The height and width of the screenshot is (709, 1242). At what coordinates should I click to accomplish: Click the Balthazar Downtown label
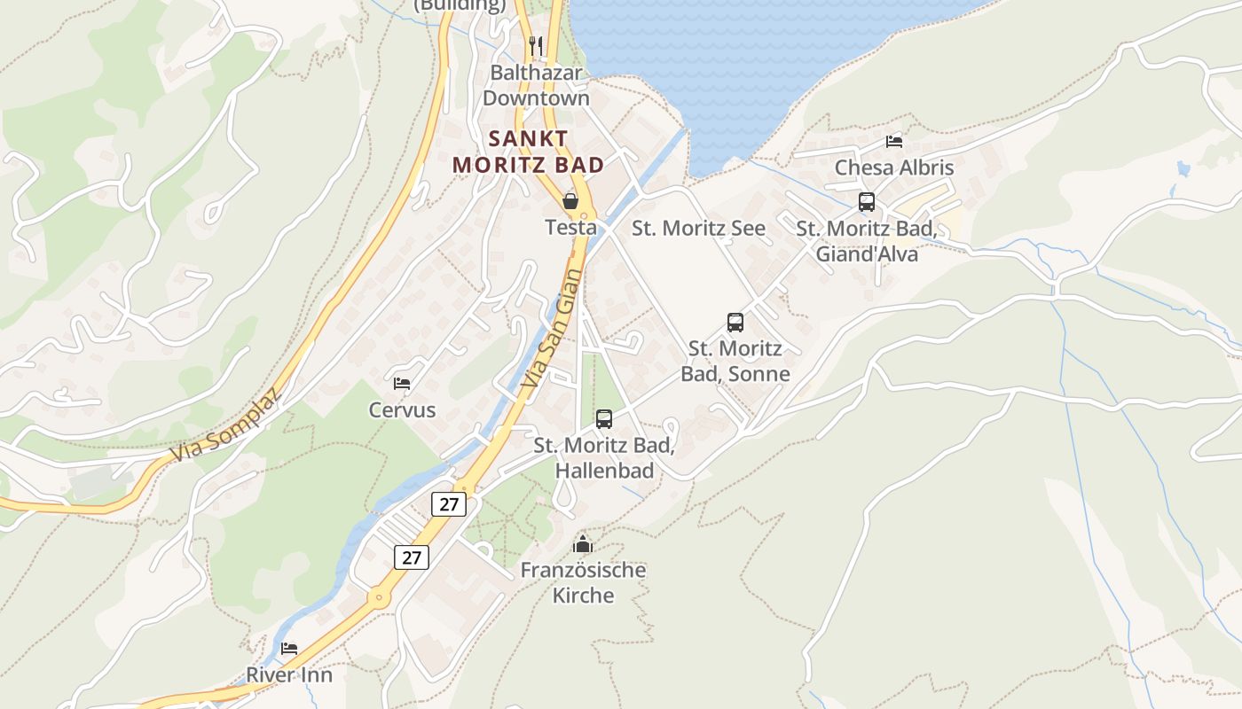536,85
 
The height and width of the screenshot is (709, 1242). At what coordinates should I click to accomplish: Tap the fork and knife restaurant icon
535,45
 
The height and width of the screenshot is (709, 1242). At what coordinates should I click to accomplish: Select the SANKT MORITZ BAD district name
529,152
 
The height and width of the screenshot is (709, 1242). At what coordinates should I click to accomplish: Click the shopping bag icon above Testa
570,201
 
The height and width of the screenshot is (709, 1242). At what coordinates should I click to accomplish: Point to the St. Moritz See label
698,228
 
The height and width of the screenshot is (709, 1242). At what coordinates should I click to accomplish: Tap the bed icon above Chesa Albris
893,142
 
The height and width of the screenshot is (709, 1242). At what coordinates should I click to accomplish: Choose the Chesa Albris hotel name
893,168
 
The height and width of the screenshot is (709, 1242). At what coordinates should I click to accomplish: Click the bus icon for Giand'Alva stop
866,202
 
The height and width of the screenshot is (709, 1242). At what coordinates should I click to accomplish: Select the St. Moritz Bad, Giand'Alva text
866,241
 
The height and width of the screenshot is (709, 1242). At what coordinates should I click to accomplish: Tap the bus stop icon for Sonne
735,323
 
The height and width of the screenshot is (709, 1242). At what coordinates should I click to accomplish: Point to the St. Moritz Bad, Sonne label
735,361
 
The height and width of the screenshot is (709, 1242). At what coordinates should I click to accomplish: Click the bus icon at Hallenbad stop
604,419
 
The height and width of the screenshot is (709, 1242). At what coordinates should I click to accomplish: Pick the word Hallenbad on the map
604,471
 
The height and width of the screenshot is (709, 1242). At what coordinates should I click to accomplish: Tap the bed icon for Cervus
402,384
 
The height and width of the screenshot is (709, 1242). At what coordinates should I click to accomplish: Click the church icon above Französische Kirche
583,544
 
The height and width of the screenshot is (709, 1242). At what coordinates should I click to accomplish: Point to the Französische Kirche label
583,582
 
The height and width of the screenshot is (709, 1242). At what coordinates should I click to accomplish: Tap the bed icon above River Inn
289,649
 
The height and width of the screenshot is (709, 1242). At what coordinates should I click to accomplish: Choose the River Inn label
289,674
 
